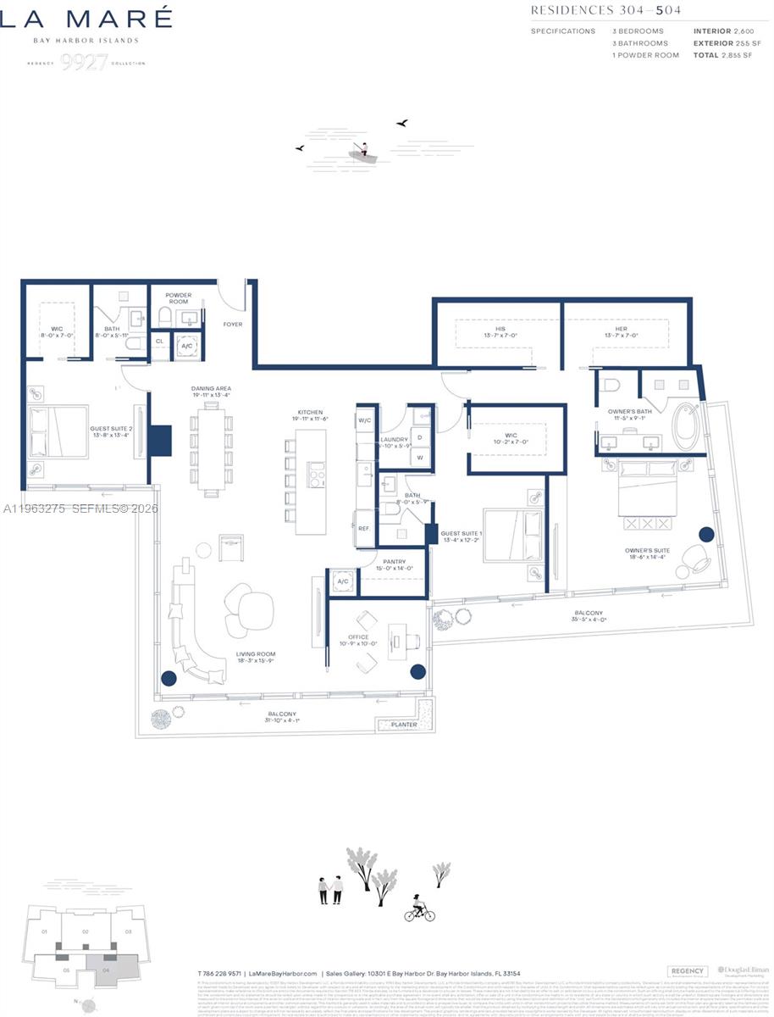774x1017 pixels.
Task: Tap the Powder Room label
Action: click(179, 298)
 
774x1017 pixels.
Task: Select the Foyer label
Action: click(232, 324)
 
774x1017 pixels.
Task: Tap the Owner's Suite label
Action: click(647, 553)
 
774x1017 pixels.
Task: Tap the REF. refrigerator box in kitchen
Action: click(364, 528)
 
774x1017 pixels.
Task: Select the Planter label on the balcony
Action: click(404, 725)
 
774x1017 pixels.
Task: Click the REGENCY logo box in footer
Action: click(687, 971)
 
